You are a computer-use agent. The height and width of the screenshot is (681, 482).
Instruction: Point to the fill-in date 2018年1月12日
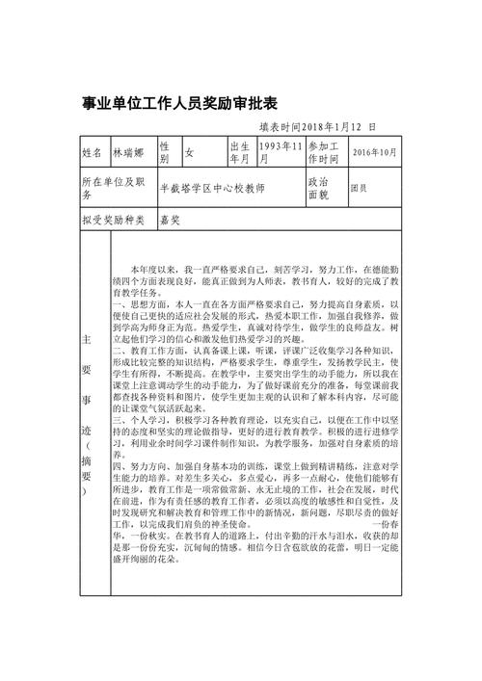[x=317, y=126]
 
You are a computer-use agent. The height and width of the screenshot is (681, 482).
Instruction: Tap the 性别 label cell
[x=165, y=152]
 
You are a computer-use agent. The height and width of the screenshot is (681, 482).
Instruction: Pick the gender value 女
[x=189, y=153]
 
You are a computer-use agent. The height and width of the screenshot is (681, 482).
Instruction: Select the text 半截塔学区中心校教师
[x=211, y=187]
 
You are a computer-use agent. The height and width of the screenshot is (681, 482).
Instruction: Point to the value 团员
[x=358, y=187]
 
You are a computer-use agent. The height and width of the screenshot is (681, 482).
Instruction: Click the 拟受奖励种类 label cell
[x=113, y=221]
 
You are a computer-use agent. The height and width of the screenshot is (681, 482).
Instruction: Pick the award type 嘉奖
[x=171, y=221]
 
